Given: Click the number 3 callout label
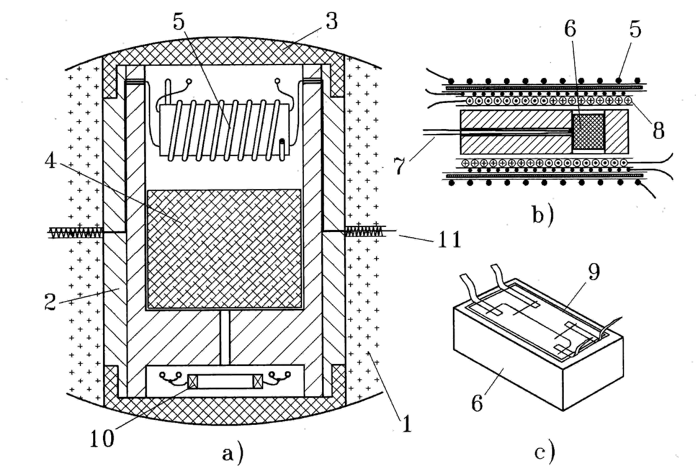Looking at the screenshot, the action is (x=331, y=21).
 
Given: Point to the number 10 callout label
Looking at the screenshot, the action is (x=102, y=438).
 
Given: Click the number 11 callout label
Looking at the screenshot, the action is (x=449, y=240).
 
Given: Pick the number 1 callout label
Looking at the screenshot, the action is (x=407, y=424).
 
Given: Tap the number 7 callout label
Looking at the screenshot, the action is (x=399, y=166).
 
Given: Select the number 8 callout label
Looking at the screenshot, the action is (x=659, y=131).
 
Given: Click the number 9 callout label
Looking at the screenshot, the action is (x=594, y=272).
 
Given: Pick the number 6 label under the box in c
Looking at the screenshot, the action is (x=477, y=404).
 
